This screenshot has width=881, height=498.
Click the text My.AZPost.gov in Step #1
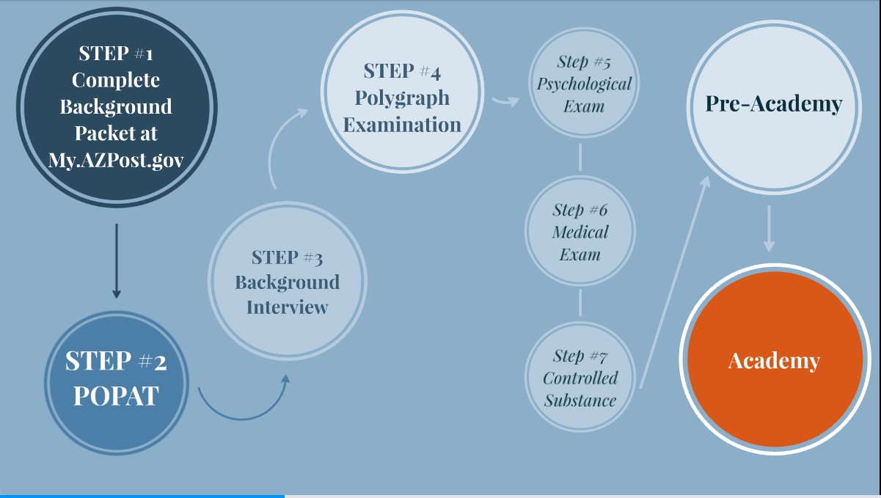(115, 161)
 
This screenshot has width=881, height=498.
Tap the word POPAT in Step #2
(116, 395)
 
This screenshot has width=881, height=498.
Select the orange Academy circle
(774, 359)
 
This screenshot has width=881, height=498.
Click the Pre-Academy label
(773, 103)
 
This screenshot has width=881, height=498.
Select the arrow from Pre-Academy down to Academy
(768, 228)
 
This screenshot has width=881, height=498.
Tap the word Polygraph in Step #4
(402, 98)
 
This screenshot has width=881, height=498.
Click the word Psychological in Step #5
(583, 84)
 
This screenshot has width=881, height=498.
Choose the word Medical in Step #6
(580, 232)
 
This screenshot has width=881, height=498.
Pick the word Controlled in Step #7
(580, 378)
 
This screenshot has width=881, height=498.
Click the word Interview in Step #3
(287, 307)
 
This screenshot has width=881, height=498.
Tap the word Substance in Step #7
(580, 400)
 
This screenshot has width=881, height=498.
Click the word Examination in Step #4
(402, 124)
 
